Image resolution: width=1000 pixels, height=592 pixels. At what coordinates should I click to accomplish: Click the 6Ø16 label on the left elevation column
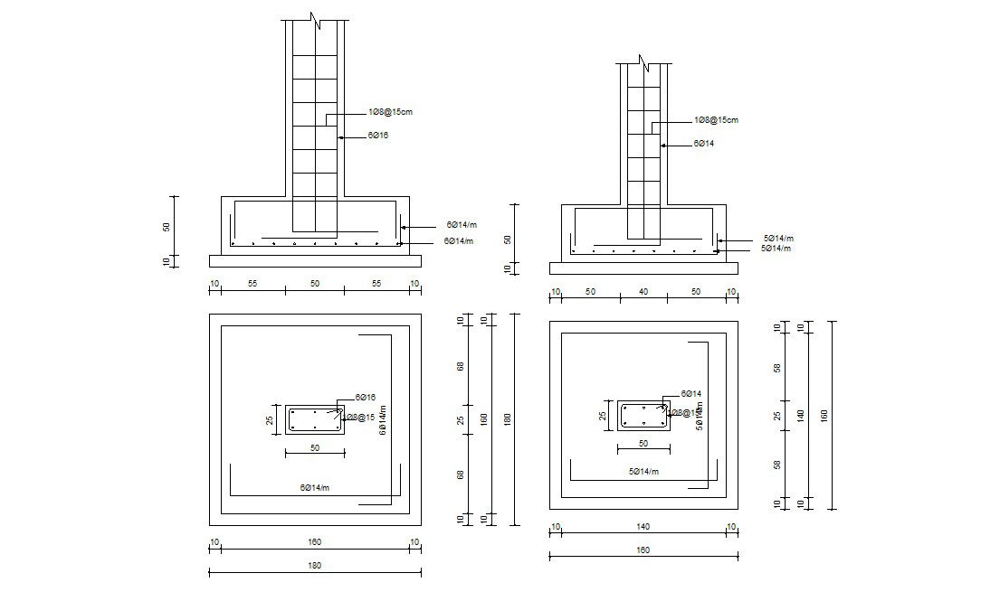click(x=377, y=136)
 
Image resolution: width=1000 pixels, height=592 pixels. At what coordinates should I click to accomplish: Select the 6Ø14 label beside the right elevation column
click(x=703, y=144)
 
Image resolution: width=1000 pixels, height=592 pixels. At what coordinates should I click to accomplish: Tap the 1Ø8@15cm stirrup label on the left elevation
click(x=390, y=112)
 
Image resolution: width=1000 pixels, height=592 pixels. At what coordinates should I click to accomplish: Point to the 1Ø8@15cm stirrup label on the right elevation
click(x=716, y=120)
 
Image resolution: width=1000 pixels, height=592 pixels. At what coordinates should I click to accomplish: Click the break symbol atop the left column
click(x=315, y=21)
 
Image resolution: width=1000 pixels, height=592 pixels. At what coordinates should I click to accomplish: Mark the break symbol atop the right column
click(x=643, y=63)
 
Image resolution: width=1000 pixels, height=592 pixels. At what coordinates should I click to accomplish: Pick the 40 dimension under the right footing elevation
click(x=643, y=292)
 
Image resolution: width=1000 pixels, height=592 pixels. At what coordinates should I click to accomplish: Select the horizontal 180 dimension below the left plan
click(x=315, y=565)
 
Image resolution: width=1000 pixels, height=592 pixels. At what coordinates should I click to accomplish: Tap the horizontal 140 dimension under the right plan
click(x=643, y=527)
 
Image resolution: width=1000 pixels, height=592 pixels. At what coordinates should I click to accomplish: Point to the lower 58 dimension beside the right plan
click(x=777, y=465)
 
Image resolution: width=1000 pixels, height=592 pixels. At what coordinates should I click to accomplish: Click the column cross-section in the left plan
click(x=315, y=419)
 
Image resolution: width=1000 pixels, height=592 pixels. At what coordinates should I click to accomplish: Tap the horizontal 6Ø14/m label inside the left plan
click(x=315, y=487)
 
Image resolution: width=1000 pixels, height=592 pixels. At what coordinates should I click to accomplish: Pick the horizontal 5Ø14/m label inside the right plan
click(x=643, y=472)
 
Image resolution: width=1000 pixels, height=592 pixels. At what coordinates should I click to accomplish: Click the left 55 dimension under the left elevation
click(x=252, y=284)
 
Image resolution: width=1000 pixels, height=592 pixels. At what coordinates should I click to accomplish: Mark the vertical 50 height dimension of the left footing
click(x=166, y=226)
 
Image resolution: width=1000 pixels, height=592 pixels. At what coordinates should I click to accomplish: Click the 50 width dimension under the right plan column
click(x=643, y=443)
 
